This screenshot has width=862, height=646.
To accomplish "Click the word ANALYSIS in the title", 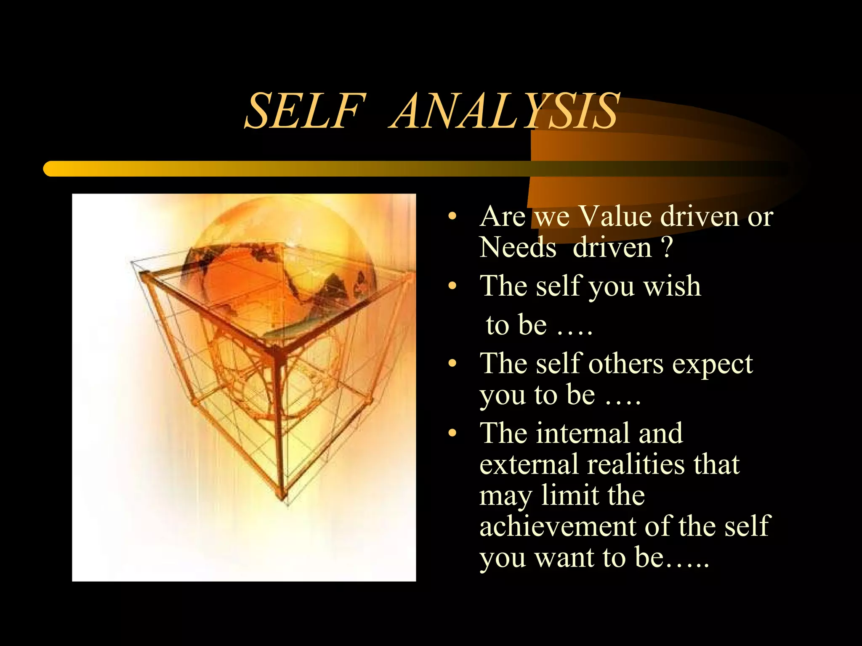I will coord(505,111).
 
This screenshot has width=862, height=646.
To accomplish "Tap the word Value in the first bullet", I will coord(615,217).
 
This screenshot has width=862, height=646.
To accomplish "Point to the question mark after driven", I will coord(666,247).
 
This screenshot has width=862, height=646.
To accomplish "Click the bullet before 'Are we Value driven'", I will coord(452,217).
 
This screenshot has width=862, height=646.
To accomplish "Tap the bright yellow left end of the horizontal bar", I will coord(53,169).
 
